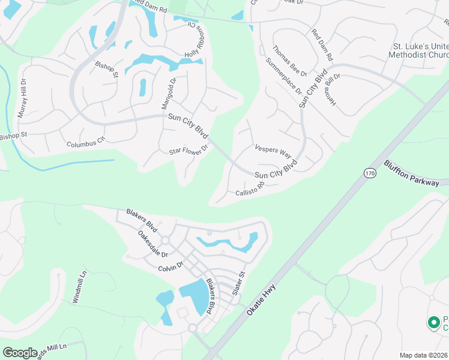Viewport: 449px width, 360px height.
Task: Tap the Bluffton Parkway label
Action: (x=412, y=173)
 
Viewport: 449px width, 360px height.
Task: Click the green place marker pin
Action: (x=433, y=322)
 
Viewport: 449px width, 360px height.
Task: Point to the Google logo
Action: (x=20, y=353)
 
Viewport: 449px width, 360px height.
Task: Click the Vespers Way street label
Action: (x=273, y=149)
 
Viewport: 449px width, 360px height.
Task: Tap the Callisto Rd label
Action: (x=250, y=191)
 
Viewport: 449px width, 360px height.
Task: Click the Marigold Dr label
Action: (x=168, y=94)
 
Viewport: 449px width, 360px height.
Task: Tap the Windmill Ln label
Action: (x=79, y=286)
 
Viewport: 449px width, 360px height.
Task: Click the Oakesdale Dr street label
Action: (x=152, y=245)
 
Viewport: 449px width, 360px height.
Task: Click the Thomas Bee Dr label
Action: (x=289, y=61)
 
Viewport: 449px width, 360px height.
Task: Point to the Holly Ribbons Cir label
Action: (x=197, y=41)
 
